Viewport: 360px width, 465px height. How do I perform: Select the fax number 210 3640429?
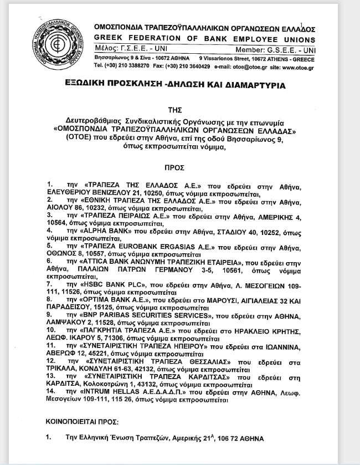(192, 66)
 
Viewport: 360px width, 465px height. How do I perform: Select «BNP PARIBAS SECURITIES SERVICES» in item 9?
(148, 314)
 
